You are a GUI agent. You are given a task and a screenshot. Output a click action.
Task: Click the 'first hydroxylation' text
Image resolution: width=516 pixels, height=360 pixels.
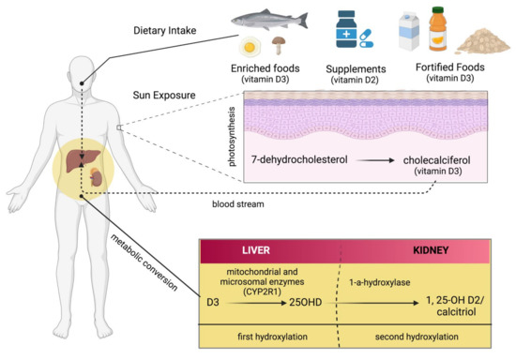(267, 336)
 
